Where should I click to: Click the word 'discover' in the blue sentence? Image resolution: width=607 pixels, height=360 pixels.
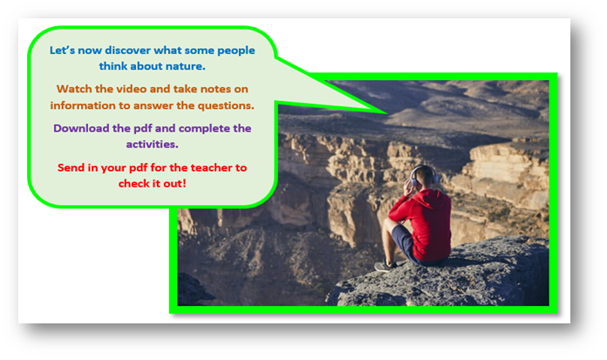tap(127, 51)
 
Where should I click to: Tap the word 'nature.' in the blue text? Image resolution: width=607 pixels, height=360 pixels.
tap(186, 66)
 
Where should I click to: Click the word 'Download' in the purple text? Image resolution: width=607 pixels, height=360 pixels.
tap(81, 128)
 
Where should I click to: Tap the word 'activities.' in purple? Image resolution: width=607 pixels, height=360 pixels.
tap(152, 145)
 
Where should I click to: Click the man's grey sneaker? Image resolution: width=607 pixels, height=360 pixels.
tap(385, 266)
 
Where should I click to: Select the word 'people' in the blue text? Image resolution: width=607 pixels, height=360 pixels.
tap(235, 51)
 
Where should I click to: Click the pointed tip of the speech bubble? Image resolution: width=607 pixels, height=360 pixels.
tap(386, 113)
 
